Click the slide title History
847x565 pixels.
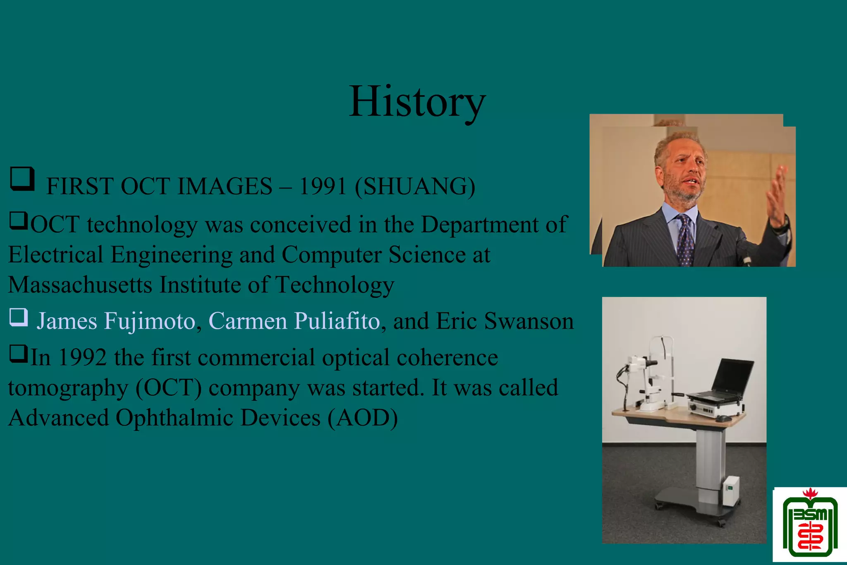pos(417,102)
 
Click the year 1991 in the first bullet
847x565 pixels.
pos(322,187)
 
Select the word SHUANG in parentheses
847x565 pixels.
pos(415,187)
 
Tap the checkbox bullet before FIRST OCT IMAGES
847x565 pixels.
pos(22,179)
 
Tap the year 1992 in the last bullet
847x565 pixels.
pos(83,357)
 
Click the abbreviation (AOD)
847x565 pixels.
pos(363,418)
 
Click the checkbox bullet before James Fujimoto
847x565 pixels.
pos(19,318)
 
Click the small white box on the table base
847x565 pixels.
pos(731,491)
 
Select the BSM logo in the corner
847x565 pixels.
pos(809,525)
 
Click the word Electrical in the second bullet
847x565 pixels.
pos(55,255)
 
